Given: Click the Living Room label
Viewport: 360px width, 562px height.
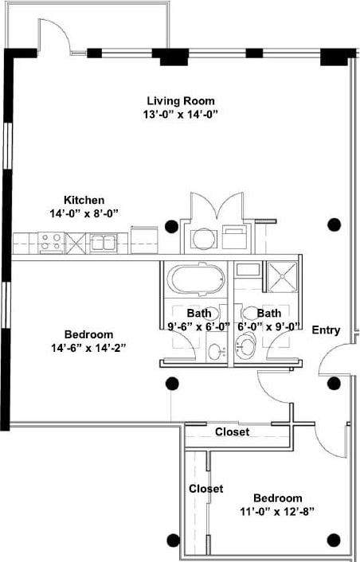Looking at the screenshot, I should click(182, 100).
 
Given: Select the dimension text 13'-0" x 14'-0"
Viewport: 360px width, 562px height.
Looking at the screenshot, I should click(182, 114).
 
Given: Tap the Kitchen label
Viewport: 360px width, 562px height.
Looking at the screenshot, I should click(84, 200).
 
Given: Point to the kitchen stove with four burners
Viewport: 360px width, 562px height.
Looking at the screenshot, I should click(52, 240).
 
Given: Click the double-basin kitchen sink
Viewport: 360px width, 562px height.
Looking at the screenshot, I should click(104, 241).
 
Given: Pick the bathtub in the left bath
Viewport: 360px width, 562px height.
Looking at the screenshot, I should click(196, 280).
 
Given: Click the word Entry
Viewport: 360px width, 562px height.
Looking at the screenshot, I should click(326, 330).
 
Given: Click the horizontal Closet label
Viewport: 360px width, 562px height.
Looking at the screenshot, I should click(233, 431).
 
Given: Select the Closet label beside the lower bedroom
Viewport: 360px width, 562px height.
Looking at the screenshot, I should click(205, 488).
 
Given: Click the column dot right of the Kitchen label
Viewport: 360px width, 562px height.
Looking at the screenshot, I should click(171, 224).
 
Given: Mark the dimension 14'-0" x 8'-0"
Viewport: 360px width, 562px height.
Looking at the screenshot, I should click(84, 213).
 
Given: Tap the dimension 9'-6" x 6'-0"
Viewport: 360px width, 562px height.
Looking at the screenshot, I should click(198, 326).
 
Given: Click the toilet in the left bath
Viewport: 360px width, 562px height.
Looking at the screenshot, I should click(215, 351).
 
